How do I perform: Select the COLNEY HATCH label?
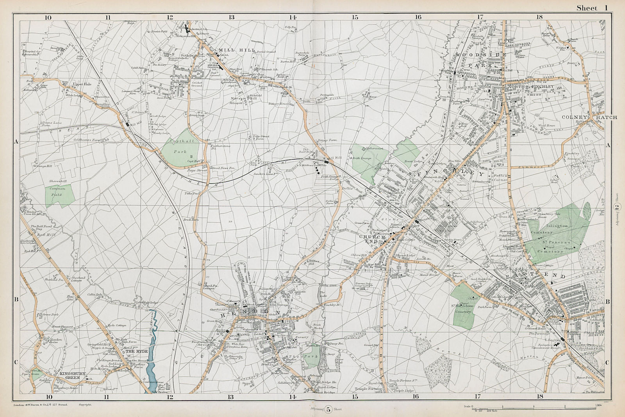tap(589, 117)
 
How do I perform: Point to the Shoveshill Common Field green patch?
tap(55, 191)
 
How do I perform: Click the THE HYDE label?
tap(137, 351)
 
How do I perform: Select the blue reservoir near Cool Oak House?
tap(154, 351)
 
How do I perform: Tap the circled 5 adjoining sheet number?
tap(328, 409)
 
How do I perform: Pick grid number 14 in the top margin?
tap(293, 17)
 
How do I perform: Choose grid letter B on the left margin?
tap(16, 300)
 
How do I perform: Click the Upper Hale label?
tap(79, 84)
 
